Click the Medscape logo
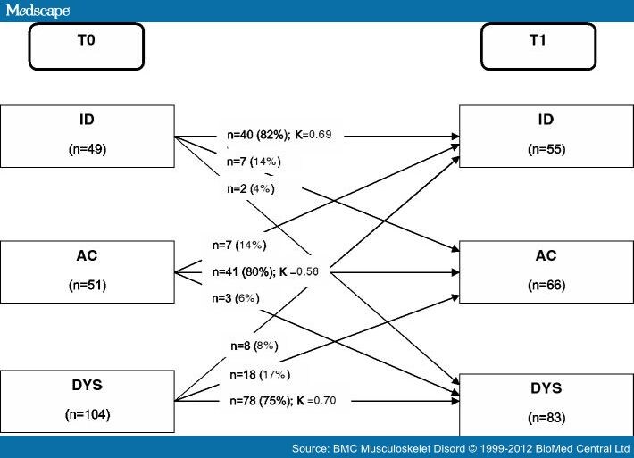click(38, 10)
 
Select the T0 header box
click(86, 46)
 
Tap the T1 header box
click(538, 46)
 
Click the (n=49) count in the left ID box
click(88, 149)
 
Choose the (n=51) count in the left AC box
click(88, 287)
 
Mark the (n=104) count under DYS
click(88, 414)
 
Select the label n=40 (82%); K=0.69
click(279, 135)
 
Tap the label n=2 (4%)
click(250, 189)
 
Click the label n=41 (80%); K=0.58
click(265, 271)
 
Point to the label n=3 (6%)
click(236, 298)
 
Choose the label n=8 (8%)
click(254, 345)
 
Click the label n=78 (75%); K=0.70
click(280, 401)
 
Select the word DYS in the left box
click(88, 387)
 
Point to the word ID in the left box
click(88, 119)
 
